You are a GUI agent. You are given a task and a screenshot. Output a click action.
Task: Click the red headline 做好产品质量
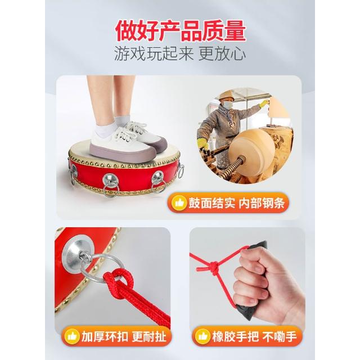(181, 31)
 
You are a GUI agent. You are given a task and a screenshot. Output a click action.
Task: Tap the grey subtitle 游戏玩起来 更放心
(180, 54)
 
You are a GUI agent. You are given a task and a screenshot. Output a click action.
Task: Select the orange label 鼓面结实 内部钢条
(228, 203)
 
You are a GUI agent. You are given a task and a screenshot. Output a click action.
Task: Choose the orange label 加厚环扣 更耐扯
(116, 336)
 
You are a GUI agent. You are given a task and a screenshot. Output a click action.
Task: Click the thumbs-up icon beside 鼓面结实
(179, 203)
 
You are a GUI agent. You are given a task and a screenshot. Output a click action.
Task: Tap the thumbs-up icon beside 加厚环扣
(72, 337)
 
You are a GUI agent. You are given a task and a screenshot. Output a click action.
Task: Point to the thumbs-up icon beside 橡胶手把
(202, 337)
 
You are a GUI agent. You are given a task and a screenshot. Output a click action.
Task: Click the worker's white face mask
(226, 105)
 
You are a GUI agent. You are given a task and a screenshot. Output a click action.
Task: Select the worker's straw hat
(226, 96)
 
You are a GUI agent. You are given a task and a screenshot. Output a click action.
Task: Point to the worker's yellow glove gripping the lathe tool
(202, 144)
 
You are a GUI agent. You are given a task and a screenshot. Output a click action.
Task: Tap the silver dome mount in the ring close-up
(78, 251)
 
